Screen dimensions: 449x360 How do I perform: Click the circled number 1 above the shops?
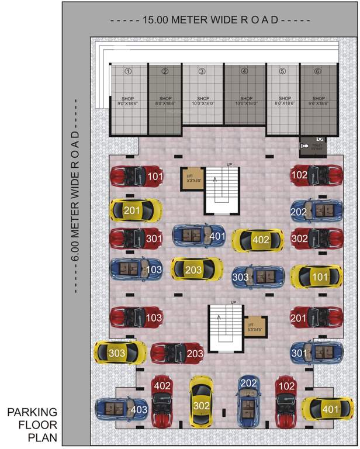127,72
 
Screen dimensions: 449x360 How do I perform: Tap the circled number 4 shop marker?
244,72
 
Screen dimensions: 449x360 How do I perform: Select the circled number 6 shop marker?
317,72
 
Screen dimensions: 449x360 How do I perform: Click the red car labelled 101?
136,176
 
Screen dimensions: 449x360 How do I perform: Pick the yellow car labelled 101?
316,276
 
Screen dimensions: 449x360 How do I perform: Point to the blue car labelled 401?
199,236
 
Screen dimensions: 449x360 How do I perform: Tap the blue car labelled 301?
316,353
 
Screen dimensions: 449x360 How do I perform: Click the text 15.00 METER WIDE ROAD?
210,19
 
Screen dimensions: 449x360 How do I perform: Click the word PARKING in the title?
32,413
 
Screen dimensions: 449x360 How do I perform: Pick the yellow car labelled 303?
120,353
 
